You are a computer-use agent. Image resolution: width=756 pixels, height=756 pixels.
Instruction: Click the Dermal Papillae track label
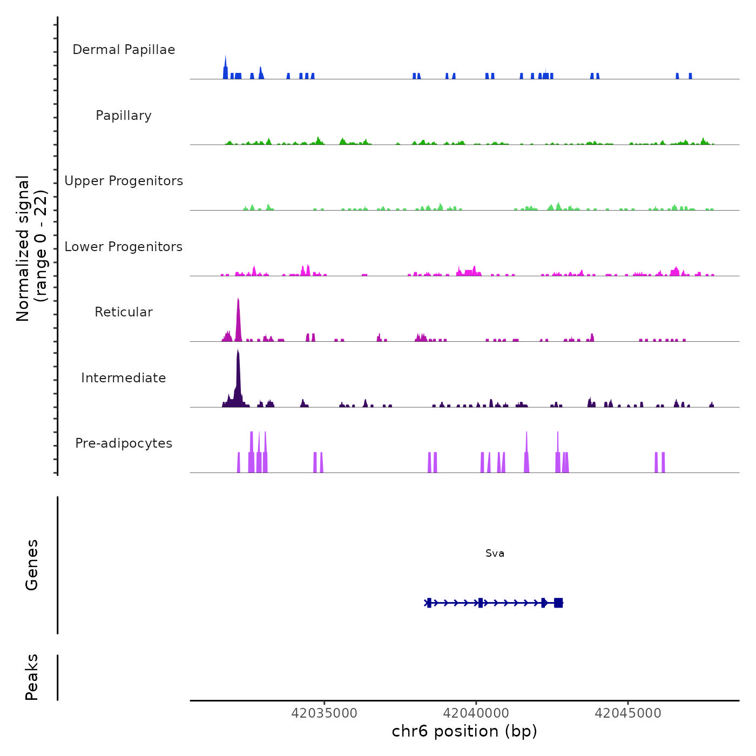[x=124, y=50]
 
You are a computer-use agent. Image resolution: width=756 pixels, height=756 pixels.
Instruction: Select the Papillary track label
[x=124, y=116]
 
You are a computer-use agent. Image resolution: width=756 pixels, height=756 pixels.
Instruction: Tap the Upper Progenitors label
[x=124, y=181]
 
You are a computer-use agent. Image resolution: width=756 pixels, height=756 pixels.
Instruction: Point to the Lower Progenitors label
[x=124, y=247]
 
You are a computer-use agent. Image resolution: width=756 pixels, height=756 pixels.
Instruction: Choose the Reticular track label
[x=124, y=312]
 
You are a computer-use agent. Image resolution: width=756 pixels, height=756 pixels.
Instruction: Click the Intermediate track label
[x=124, y=378]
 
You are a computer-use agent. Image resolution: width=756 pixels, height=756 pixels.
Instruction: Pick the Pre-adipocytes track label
[x=124, y=443]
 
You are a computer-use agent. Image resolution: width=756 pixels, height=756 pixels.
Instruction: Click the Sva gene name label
[x=495, y=553]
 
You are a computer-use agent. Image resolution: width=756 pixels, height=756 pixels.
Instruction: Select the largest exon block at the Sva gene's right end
[x=558, y=603]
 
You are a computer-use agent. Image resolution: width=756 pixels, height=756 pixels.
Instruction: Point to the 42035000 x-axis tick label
[x=324, y=713]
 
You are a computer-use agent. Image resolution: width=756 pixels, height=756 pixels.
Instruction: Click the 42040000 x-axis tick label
[x=476, y=713]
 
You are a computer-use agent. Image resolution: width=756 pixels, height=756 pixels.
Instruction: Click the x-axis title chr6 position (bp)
[x=464, y=731]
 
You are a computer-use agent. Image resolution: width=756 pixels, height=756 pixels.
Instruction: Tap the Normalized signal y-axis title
[x=31, y=248]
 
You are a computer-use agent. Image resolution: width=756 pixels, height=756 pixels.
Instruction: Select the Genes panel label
[x=32, y=565]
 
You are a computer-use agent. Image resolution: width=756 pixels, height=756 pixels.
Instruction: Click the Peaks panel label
[x=32, y=677]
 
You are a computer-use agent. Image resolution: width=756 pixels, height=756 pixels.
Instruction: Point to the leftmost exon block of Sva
[x=429, y=603]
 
